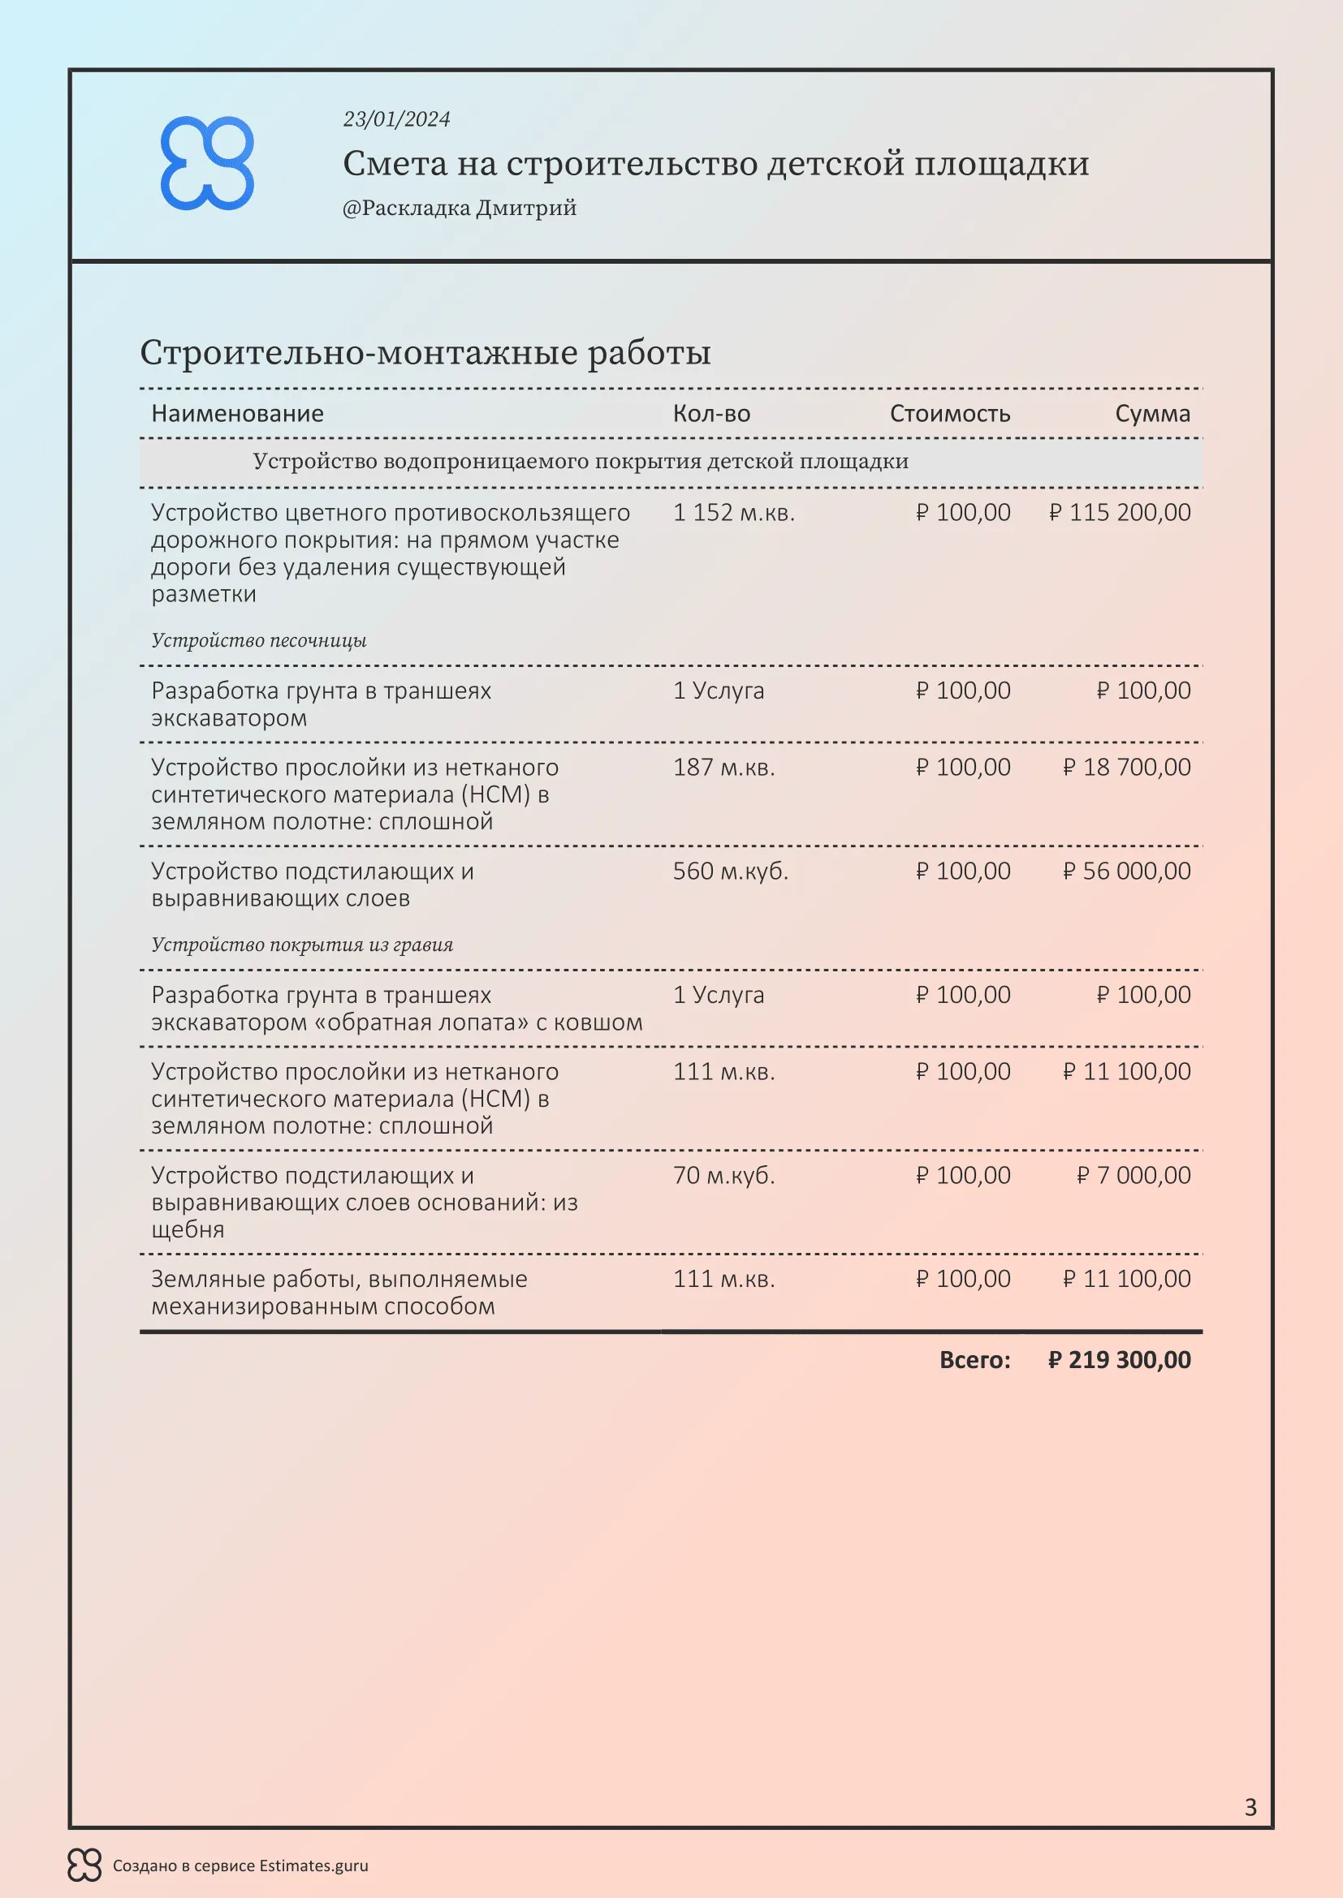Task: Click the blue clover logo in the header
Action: (207, 163)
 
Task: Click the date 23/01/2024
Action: (397, 119)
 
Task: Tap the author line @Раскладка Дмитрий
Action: (459, 208)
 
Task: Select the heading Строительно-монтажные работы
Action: (425, 352)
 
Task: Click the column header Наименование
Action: (237, 413)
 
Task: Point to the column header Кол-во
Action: (711, 413)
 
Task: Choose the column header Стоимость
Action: (949, 413)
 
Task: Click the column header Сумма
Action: (1152, 413)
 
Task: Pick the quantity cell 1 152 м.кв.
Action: (733, 513)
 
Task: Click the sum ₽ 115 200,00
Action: (1120, 513)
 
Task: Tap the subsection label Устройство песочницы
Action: (259, 641)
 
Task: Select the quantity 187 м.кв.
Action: (723, 767)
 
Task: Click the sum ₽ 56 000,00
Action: (1126, 871)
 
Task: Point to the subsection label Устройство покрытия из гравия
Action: (302, 945)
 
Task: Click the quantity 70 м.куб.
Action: (723, 1175)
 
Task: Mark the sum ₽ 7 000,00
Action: (1133, 1175)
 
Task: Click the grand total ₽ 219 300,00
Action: (1119, 1360)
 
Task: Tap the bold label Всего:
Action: (974, 1360)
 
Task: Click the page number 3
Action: (1250, 1807)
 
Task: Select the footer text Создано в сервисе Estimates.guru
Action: (240, 1866)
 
